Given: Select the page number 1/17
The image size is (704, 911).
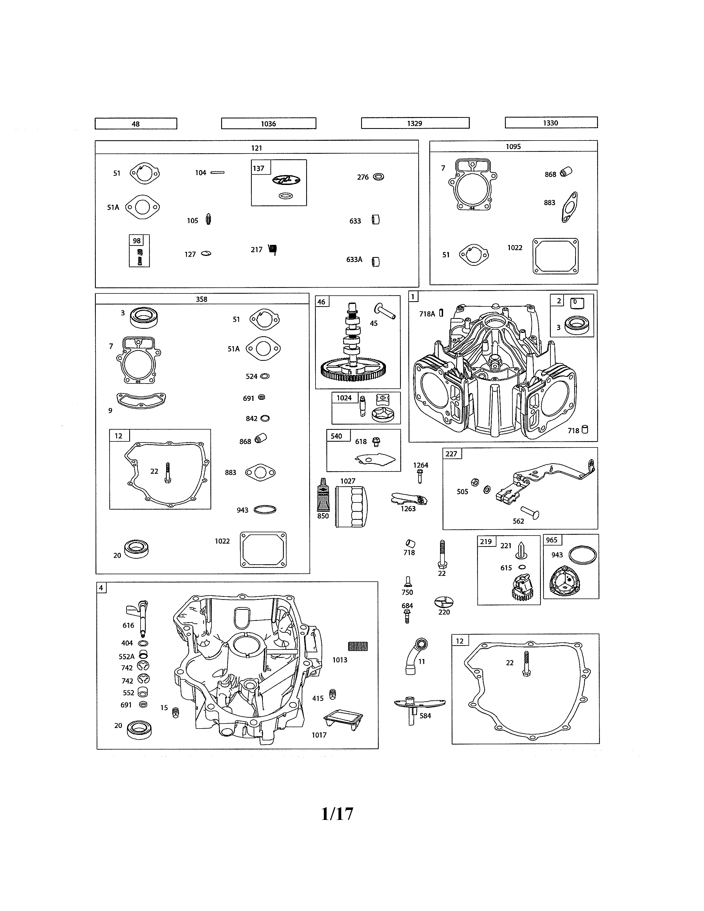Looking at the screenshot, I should click(x=337, y=814).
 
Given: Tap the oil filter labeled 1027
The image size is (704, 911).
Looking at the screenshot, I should click(x=351, y=507).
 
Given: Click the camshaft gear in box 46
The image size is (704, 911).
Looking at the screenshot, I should click(x=354, y=369).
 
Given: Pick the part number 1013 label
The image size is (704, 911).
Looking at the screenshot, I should click(x=340, y=660).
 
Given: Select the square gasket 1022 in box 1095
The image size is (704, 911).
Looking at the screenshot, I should click(x=555, y=256).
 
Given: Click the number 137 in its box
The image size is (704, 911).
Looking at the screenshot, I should click(x=259, y=168).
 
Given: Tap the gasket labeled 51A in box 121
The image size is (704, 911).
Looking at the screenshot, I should click(x=143, y=207).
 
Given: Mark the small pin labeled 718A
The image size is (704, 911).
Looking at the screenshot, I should click(x=441, y=313).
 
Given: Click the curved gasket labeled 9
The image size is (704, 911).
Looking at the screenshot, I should click(x=141, y=400).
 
